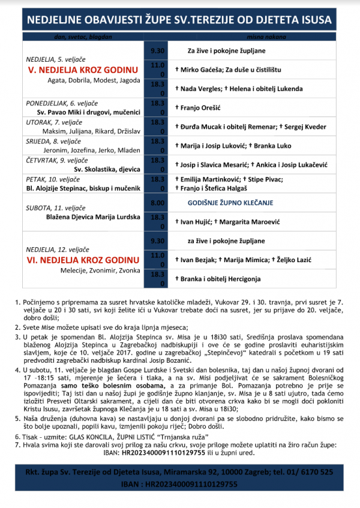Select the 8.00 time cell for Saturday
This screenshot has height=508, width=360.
(157, 203)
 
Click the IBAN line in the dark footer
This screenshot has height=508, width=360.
(179, 483)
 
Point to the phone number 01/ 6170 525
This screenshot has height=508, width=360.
(311, 471)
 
